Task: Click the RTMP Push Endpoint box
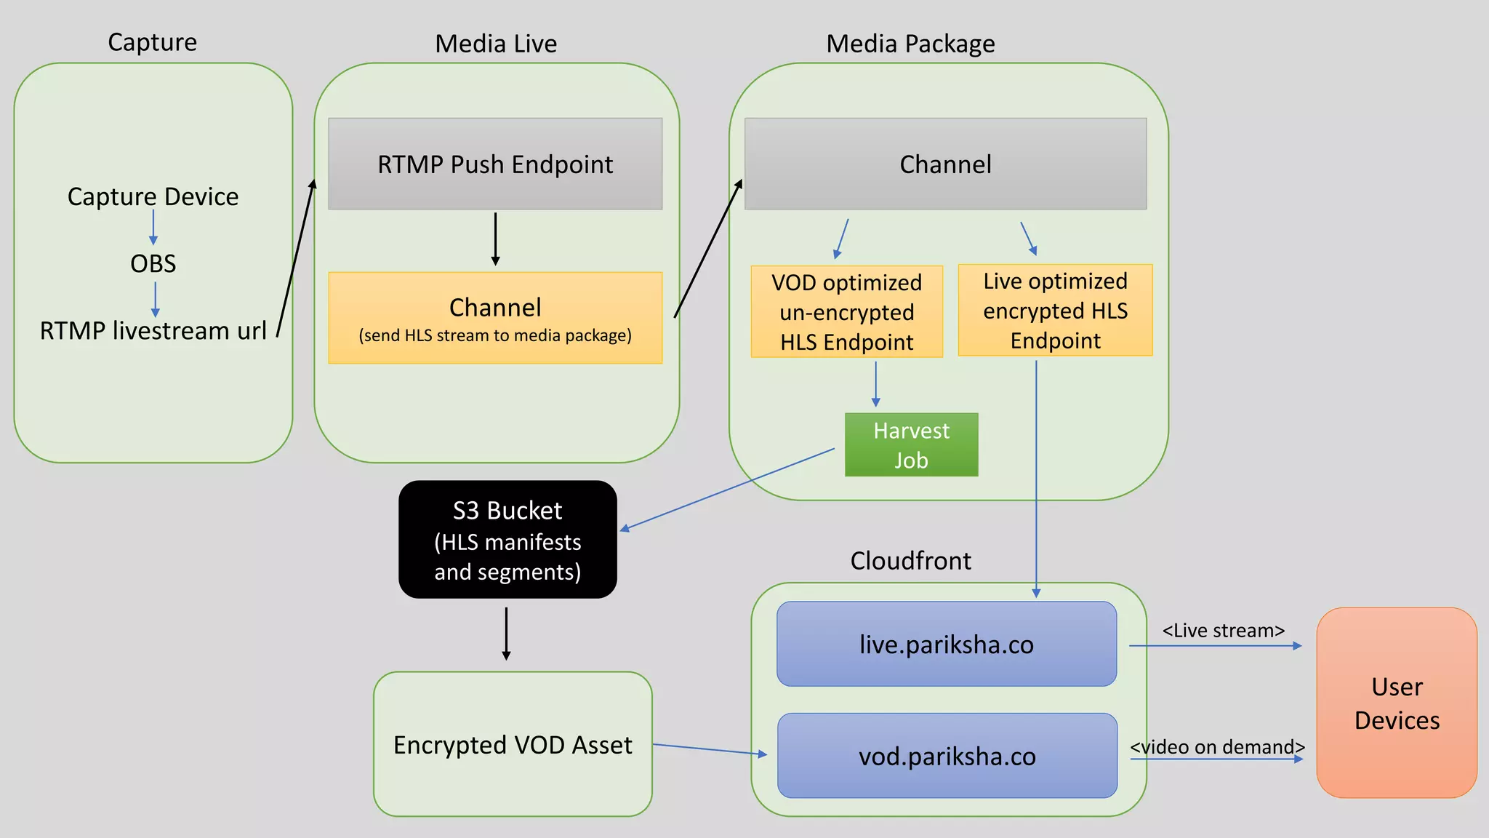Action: tap(495, 164)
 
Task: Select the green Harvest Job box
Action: tap(911, 445)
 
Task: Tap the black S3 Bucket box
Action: tap(507, 540)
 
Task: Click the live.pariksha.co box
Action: tap(946, 644)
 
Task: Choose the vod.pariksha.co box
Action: tap(947, 756)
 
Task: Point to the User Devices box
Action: tap(1397, 703)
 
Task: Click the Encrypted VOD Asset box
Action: tap(513, 744)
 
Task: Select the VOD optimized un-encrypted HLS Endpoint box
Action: tap(846, 311)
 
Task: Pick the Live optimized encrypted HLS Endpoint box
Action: tap(1055, 310)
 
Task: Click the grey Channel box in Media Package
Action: tap(945, 164)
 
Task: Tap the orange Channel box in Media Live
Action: tap(495, 318)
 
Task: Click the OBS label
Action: tap(153, 263)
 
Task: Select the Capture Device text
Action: tap(153, 196)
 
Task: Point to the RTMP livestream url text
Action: tap(153, 330)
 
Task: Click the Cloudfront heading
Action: tap(910, 561)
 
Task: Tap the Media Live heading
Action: tap(496, 44)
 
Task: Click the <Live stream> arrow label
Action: tap(1223, 630)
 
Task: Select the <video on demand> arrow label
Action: tap(1217, 747)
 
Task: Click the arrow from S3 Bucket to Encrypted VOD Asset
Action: tap(506, 633)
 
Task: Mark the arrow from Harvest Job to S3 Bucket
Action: tap(727, 489)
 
